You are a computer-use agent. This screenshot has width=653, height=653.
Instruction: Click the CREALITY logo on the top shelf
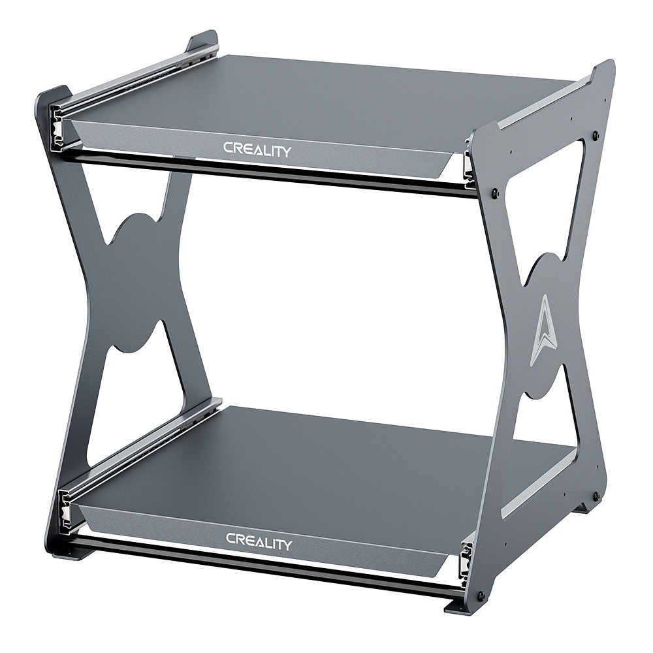pos(257,149)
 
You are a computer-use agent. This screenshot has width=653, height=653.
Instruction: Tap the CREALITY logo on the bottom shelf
pos(259,541)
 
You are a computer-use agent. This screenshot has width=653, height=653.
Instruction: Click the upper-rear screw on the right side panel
pos(595,136)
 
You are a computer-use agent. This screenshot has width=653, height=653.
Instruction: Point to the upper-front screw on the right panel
pos(494,193)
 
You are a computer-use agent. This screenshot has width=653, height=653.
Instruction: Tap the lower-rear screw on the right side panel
pos(595,496)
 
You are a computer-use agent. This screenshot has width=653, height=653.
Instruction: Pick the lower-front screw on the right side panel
pos(481,596)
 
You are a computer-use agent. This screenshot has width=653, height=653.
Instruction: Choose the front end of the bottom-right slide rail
pos(465,559)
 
